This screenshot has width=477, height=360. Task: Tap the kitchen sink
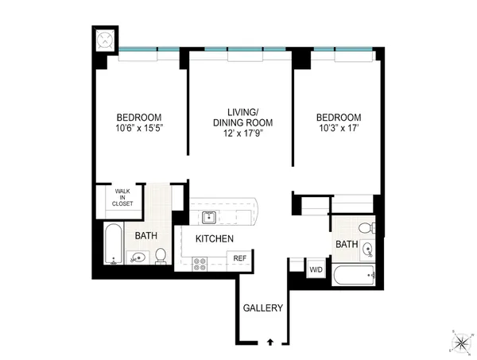(210, 217)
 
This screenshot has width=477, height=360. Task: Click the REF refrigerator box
(238, 258)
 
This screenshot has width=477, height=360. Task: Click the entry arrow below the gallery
(271, 342)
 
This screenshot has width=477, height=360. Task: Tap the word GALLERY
(262, 308)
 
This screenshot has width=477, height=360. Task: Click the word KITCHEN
(214, 238)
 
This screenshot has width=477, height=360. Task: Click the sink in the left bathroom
(136, 257)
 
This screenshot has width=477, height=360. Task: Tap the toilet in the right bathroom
(366, 228)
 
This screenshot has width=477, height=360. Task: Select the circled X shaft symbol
(104, 41)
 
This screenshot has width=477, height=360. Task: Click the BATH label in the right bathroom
(345, 245)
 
